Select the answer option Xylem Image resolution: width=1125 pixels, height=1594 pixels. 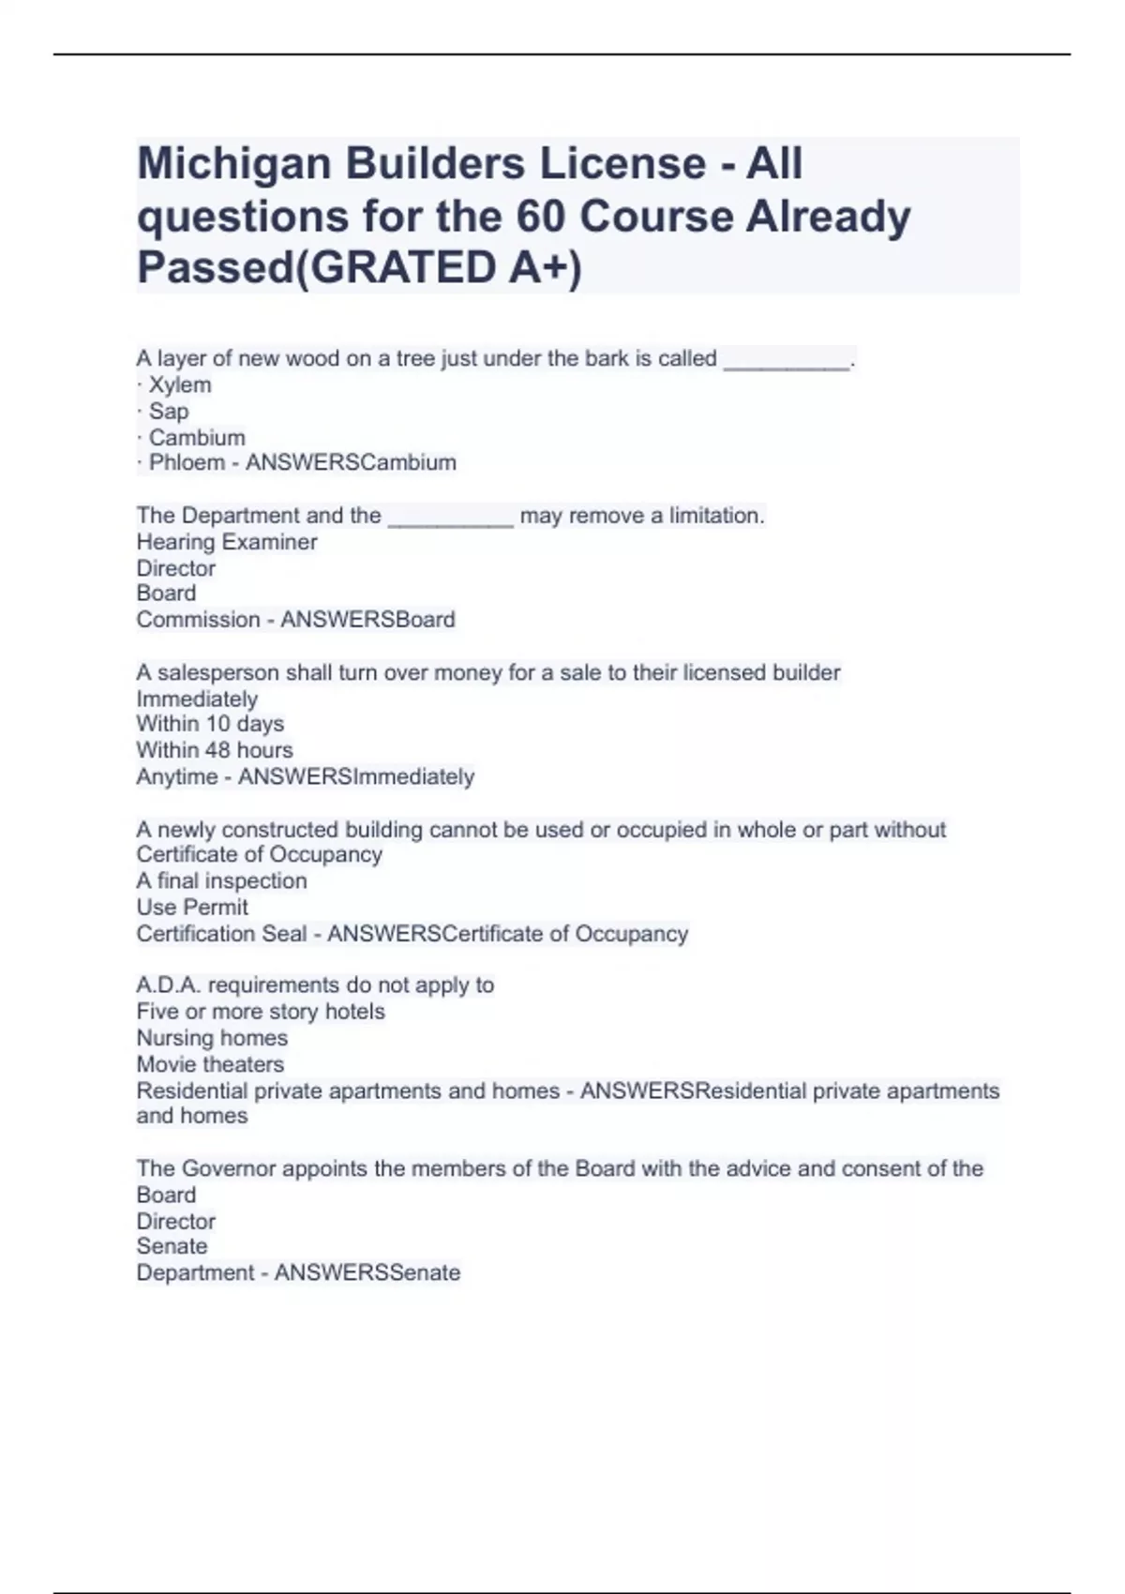point(180,384)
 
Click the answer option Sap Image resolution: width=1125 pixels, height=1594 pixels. point(169,411)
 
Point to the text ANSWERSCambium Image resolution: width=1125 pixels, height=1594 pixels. point(351,462)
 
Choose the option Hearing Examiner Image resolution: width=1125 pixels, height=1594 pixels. point(227,542)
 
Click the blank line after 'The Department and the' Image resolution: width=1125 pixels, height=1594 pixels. point(450,518)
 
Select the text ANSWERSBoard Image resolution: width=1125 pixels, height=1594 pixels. point(367,620)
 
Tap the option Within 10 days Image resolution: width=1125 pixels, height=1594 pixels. point(210,724)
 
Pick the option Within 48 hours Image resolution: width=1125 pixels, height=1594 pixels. point(215,750)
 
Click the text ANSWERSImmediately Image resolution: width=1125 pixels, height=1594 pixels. point(356,776)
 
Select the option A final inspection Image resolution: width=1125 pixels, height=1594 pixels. point(221,880)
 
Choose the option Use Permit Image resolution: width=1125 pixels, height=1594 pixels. point(192,907)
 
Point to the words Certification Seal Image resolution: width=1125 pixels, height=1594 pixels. point(221,934)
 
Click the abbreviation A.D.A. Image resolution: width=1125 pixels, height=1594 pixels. point(168,985)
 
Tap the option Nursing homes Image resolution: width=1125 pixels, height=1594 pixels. point(212,1038)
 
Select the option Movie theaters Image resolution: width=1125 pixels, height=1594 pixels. point(210,1064)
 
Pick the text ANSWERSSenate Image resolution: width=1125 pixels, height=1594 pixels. point(367,1272)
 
